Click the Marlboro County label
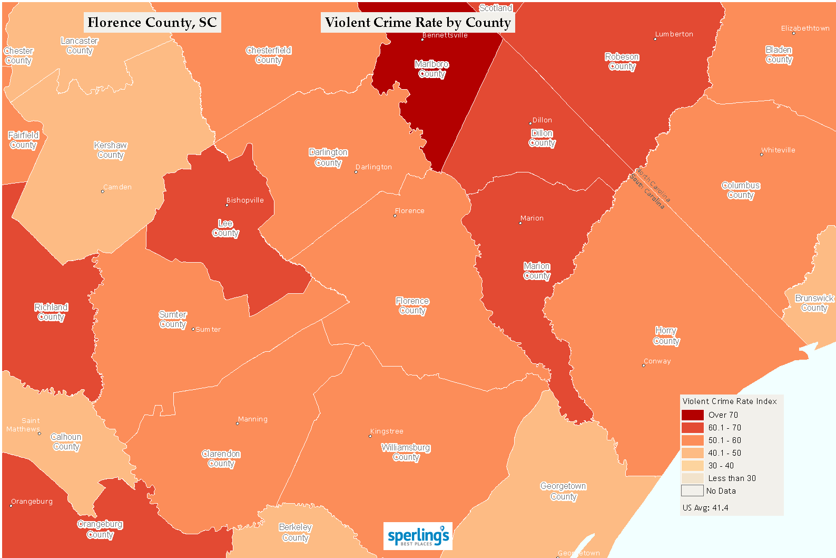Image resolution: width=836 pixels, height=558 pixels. pos(431,69)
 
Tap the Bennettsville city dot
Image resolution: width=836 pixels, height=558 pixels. pos(422,39)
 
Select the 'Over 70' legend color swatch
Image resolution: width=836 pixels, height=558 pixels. pos(692,415)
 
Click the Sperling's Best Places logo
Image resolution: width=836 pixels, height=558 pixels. pos(418,536)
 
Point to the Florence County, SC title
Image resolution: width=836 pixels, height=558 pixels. pos(152,22)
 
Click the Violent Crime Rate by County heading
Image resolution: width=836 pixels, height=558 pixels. pos(418,22)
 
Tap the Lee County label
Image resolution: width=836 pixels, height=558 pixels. pos(225,228)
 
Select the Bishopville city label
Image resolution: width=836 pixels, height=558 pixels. pos(245,200)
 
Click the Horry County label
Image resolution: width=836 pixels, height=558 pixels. pos(666,336)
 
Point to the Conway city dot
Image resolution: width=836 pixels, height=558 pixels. pos(643,365)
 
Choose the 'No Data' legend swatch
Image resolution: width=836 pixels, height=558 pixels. pos(692,491)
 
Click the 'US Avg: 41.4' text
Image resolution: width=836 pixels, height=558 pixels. pos(705,508)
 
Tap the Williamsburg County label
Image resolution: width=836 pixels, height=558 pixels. pos(406,453)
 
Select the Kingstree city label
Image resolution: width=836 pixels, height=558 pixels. pos(387,431)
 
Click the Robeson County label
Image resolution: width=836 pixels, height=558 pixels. pos(622,62)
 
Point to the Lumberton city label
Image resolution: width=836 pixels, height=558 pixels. pos(674,34)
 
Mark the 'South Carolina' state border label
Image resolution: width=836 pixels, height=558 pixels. pos(647,191)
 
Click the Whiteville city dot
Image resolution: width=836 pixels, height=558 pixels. pos(761,155)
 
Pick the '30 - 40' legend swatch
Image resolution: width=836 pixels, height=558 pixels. pos(692,466)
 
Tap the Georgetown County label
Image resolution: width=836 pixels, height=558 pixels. pos(563,492)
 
